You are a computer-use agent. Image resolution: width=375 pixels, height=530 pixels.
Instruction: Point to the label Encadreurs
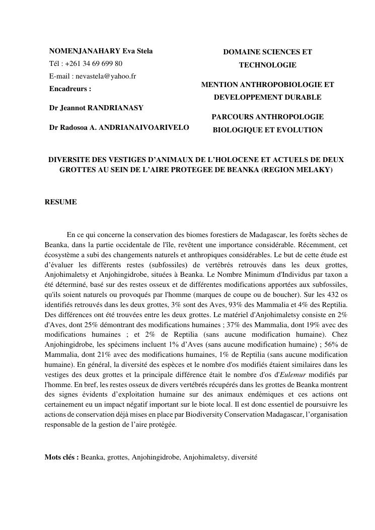(70, 89)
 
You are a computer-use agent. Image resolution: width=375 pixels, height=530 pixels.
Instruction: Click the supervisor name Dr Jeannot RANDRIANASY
(96, 108)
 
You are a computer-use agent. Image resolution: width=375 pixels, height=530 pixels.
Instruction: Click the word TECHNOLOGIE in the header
(267, 65)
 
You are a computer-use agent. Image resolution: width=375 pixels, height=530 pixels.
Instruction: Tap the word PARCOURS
(232, 117)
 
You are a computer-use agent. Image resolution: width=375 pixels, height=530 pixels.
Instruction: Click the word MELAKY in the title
(315, 170)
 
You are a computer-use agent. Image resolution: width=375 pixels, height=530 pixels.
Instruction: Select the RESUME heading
(60, 202)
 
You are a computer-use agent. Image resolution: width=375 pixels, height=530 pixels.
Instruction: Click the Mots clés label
(61, 457)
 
